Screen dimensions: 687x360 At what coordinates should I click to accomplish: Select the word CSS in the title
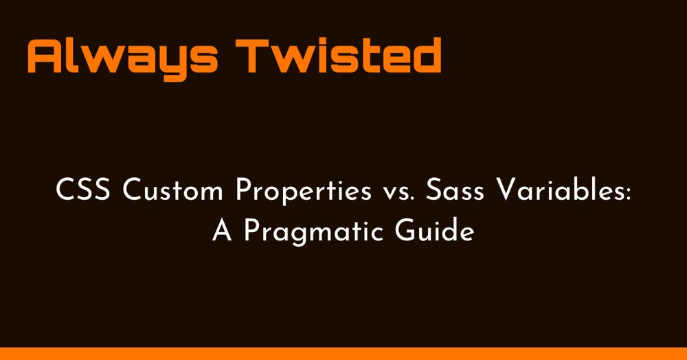[x=83, y=191]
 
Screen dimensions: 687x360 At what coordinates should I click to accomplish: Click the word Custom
[x=172, y=191]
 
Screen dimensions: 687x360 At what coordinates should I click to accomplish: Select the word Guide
[x=434, y=230]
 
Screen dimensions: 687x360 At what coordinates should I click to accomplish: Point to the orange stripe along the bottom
[x=343, y=353]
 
